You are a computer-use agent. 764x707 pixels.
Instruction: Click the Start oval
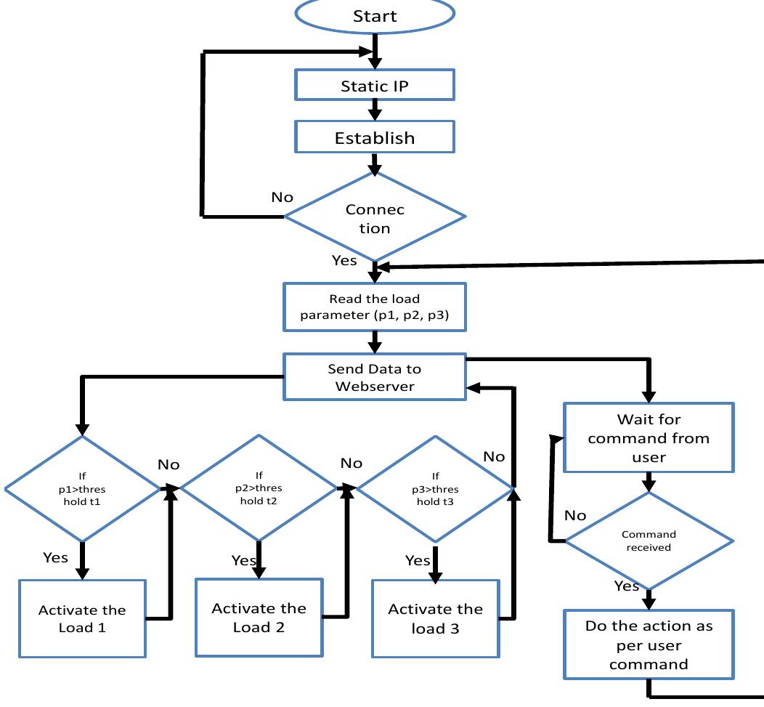tap(375, 15)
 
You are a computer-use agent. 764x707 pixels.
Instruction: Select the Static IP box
tap(375, 86)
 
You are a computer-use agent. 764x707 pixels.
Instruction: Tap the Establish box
tap(375, 137)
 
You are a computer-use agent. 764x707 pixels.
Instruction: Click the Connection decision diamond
tap(375, 217)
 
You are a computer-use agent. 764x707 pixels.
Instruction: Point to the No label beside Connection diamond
tap(282, 197)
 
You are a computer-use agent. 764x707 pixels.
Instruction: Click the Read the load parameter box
tap(375, 307)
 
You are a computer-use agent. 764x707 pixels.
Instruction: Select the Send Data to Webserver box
tap(375, 377)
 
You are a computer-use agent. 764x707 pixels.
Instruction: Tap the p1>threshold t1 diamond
tap(82, 488)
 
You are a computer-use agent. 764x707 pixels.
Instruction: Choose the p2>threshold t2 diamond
tap(259, 488)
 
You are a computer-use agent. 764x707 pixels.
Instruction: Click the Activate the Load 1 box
tap(82, 618)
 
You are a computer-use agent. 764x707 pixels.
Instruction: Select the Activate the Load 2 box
tap(259, 617)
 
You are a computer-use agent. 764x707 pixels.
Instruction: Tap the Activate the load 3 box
tap(436, 618)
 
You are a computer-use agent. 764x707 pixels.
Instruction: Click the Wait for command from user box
tap(649, 438)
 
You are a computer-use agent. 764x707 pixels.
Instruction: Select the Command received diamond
tap(649, 541)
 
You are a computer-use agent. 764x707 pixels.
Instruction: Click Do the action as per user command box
tap(649, 645)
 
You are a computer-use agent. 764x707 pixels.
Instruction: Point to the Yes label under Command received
tap(626, 586)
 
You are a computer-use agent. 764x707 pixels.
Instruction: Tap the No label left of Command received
tap(575, 515)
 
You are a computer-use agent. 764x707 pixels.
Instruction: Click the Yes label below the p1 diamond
tap(55, 557)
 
